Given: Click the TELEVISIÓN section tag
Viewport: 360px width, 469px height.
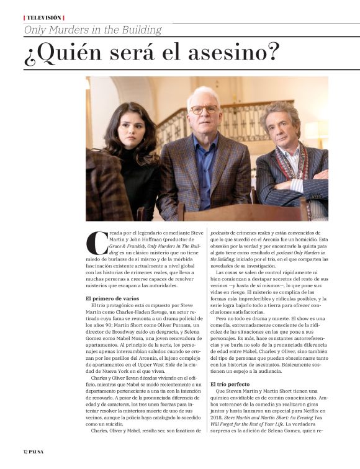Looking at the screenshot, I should pos(43,18).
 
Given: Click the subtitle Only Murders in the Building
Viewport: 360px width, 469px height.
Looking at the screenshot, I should pos(92,30).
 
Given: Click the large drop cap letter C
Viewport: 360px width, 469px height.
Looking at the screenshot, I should pos(94,243).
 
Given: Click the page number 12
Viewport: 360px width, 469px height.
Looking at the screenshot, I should pos(27,450).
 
